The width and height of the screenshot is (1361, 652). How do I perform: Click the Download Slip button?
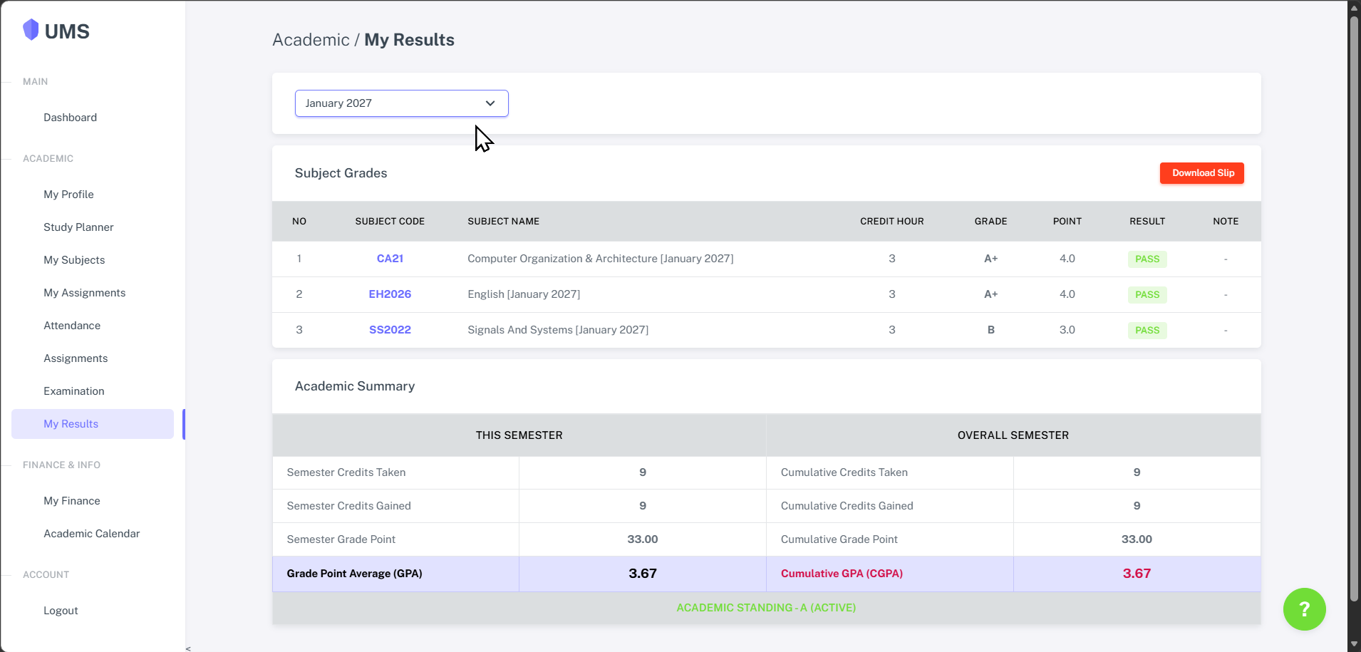(x=1202, y=173)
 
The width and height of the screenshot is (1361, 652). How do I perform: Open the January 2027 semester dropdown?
(x=401, y=103)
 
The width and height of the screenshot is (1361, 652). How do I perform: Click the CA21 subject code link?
(x=390, y=259)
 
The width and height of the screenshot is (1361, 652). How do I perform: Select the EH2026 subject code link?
(x=390, y=294)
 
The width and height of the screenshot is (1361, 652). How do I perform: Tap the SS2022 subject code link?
(x=390, y=330)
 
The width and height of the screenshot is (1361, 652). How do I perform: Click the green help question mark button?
(x=1304, y=609)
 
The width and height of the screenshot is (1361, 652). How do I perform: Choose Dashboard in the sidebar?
(x=70, y=118)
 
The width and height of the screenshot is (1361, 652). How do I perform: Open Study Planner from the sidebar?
(x=78, y=227)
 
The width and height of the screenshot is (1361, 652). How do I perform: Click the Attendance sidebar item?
(x=72, y=326)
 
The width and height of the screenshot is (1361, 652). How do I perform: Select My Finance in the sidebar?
(x=72, y=501)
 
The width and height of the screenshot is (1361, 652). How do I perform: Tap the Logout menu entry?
(x=61, y=611)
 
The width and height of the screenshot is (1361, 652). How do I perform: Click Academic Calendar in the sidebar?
(x=92, y=534)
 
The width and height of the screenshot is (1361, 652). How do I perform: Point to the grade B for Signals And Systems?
(x=990, y=330)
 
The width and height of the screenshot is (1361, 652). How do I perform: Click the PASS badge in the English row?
(x=1147, y=294)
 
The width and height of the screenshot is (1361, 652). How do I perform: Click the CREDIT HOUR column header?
(x=891, y=222)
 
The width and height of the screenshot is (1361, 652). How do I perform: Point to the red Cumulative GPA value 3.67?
(x=1137, y=574)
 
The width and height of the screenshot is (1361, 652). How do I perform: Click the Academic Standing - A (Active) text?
(x=766, y=608)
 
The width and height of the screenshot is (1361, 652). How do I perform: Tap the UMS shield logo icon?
(x=31, y=30)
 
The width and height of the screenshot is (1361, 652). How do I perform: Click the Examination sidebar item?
(x=74, y=391)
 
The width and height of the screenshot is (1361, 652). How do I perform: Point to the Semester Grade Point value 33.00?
(x=642, y=539)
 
